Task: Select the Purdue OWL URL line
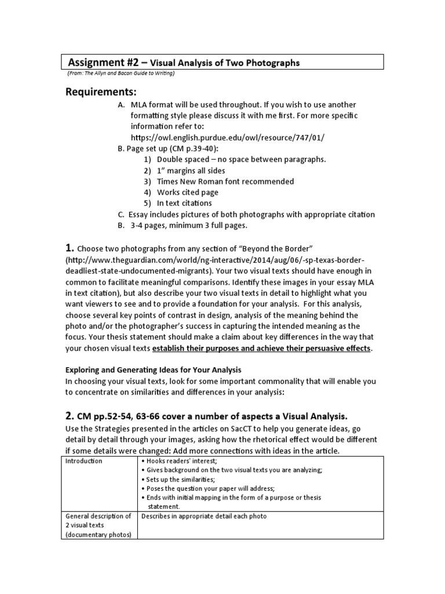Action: (x=228, y=137)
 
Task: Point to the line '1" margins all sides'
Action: (x=191, y=171)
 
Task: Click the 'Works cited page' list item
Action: (x=188, y=193)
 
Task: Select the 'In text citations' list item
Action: (x=184, y=204)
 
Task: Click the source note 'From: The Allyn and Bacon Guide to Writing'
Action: (x=121, y=73)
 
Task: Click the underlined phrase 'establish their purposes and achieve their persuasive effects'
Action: (x=261, y=349)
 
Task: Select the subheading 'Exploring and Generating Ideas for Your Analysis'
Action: (x=153, y=370)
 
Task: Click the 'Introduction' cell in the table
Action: (x=83, y=461)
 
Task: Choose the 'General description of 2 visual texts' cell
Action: (x=99, y=525)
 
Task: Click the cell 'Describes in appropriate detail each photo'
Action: (x=203, y=516)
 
